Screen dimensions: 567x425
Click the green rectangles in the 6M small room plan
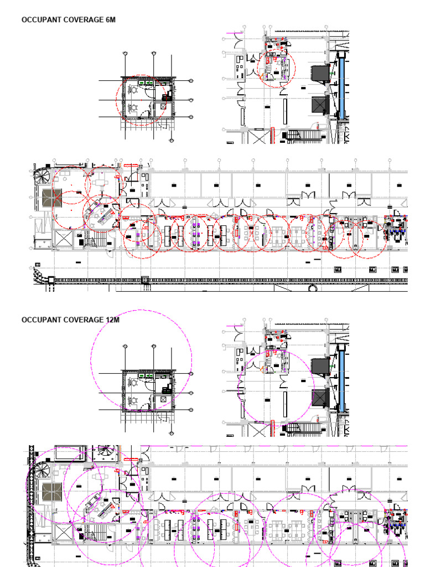(x=146, y=83)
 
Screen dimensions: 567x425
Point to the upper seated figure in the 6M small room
(x=133, y=89)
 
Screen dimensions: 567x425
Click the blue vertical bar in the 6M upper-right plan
(x=341, y=86)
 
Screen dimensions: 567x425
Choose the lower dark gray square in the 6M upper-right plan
(x=320, y=104)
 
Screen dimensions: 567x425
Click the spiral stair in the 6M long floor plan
(x=43, y=177)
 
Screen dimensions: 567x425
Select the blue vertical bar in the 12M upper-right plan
(x=341, y=379)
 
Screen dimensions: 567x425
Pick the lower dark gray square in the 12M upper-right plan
(x=320, y=397)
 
